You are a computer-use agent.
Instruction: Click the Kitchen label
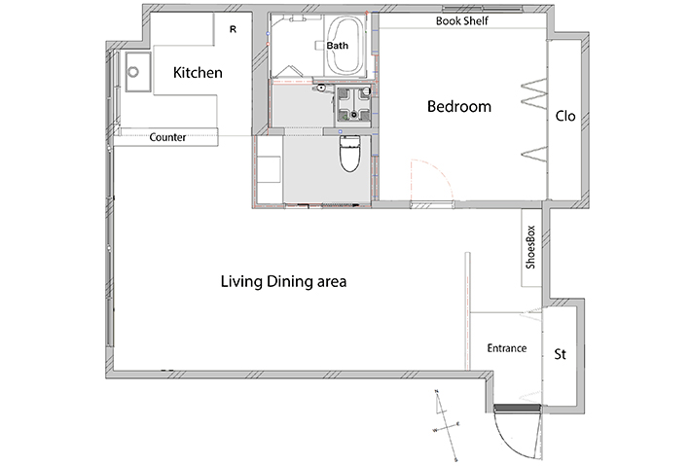[198, 73]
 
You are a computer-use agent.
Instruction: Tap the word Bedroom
[459, 107]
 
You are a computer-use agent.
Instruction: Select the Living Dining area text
[283, 281]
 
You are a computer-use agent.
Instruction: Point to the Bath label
[337, 46]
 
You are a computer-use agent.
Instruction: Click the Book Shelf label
[462, 20]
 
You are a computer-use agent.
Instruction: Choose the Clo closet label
[564, 116]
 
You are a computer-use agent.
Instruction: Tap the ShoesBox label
[530, 247]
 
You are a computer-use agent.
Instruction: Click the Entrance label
[507, 348]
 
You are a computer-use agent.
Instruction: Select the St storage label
[560, 354]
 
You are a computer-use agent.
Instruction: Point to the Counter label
[167, 137]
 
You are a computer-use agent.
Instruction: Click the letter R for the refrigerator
[233, 29]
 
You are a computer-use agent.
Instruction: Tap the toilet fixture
[350, 154]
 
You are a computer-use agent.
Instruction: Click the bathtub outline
[345, 47]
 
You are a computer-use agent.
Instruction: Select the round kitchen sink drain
[133, 71]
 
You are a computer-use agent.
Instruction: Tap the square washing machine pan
[354, 104]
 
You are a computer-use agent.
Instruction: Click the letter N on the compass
[437, 391]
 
